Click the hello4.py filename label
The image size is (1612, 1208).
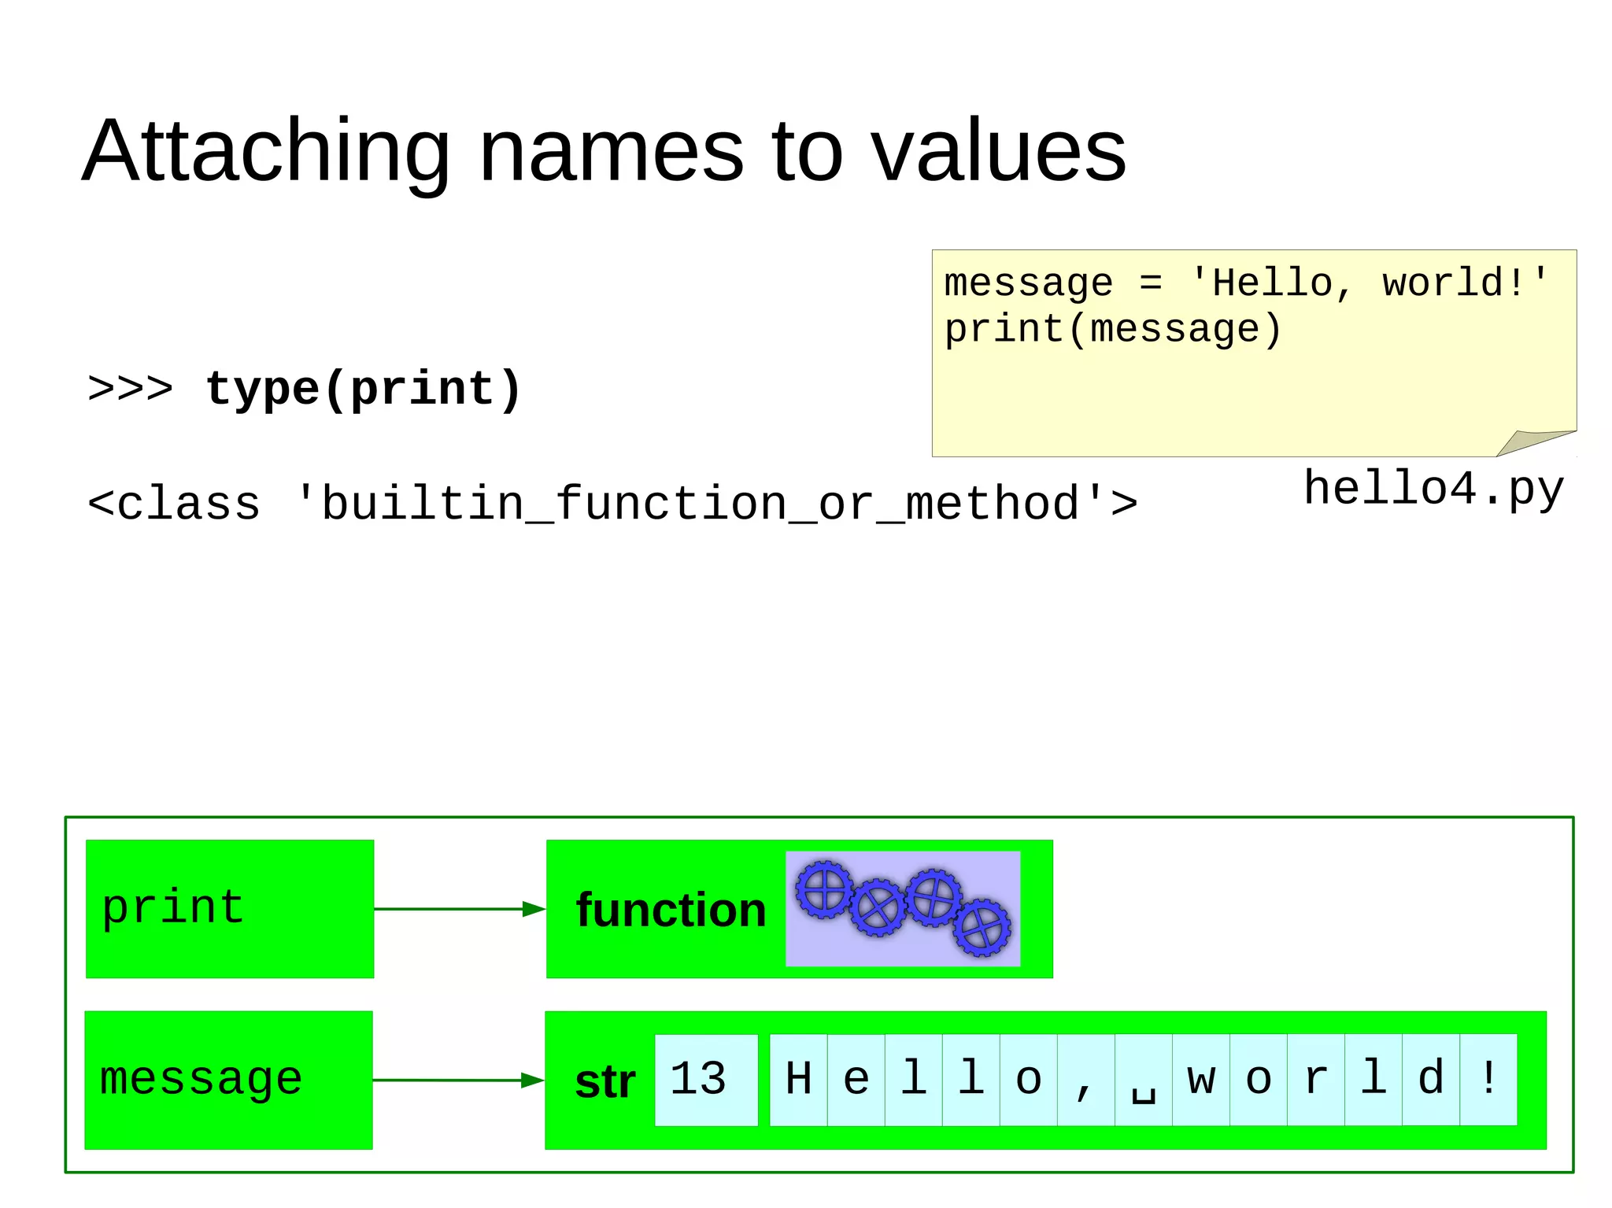1433,489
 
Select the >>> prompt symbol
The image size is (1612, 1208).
131,389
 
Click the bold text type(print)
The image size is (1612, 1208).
363,390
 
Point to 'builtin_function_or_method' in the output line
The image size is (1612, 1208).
700,504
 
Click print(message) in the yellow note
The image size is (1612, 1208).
1112,329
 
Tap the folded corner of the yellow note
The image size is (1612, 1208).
1535,442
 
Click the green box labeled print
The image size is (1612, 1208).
230,909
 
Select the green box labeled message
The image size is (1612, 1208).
228,1080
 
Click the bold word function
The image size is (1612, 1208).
671,911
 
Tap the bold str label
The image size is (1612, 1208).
604,1082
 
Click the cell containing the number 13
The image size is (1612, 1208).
705,1080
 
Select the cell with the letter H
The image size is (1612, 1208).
798,1080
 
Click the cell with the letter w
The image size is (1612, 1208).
1200,1080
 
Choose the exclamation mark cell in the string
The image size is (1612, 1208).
1488,1080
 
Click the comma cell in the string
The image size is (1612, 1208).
1085,1080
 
